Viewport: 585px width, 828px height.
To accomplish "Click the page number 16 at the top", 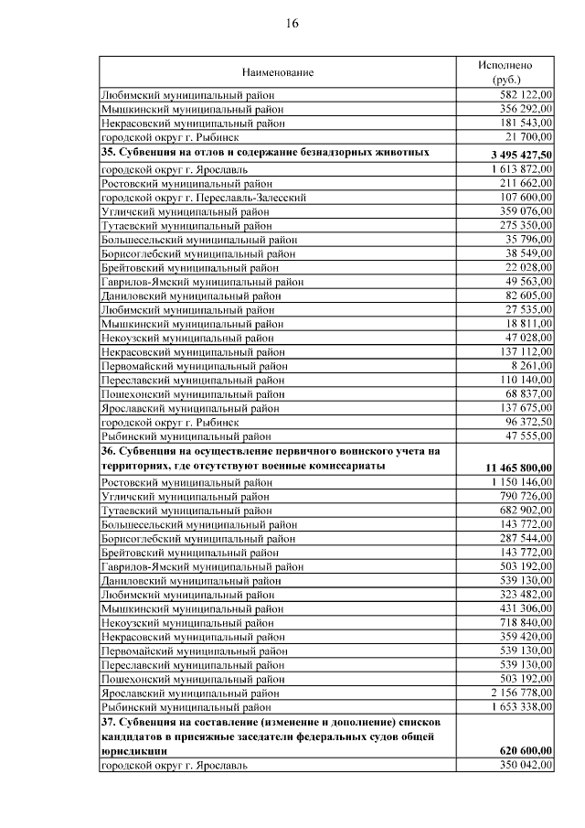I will click(292, 24).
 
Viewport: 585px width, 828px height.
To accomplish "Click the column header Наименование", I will click(277, 72).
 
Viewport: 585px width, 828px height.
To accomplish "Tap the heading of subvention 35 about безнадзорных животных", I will click(265, 151).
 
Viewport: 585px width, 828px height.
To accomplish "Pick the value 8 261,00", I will click(530, 365).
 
